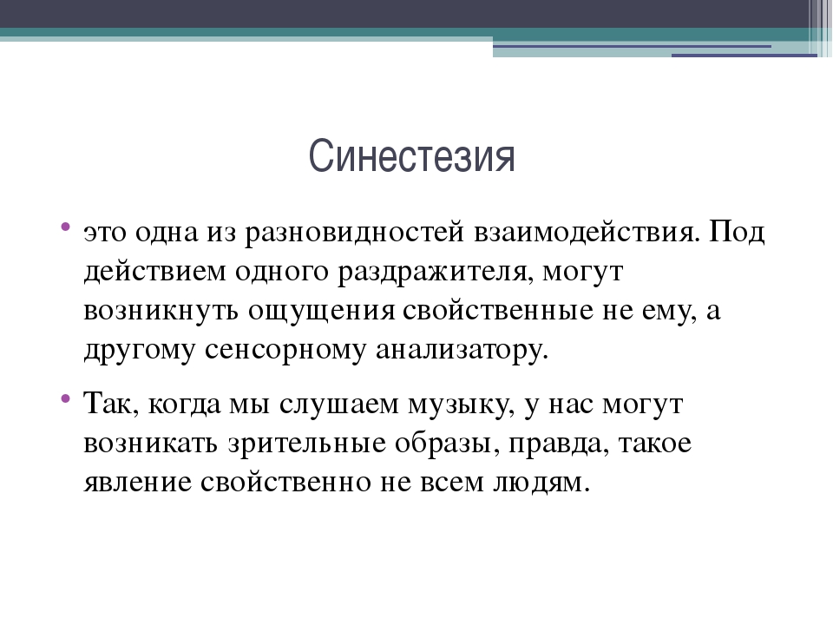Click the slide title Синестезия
[x=411, y=155]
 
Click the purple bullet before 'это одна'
[x=65, y=226]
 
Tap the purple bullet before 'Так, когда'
[x=65, y=398]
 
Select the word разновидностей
[x=354, y=233]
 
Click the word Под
[x=737, y=233]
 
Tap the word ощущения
[x=321, y=312]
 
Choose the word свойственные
[x=498, y=311]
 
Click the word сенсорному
[x=285, y=351]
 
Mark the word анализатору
[x=462, y=351]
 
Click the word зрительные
[x=307, y=444]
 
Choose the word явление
[x=138, y=484]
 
